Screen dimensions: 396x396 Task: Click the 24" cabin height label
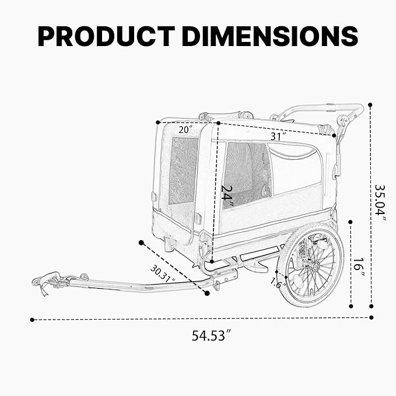[x=228, y=197]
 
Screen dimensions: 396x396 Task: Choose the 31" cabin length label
[x=278, y=136]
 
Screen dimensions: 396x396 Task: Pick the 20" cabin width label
[x=185, y=129]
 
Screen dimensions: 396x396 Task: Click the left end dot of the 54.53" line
[x=32, y=320]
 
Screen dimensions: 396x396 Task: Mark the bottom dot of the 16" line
[x=351, y=306]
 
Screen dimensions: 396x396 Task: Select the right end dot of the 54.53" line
[x=371, y=317]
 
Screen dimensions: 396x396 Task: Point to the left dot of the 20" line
[x=158, y=122]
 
